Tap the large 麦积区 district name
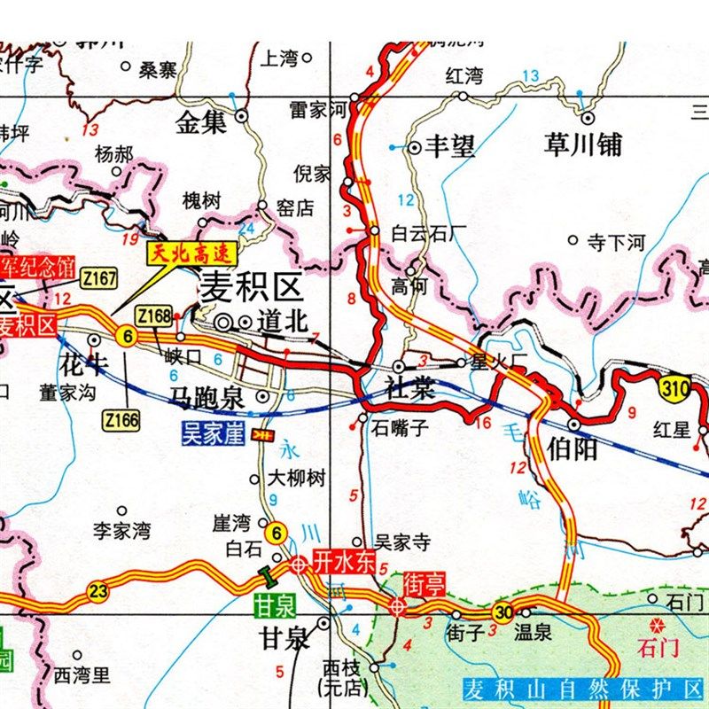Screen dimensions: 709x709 pos(252,287)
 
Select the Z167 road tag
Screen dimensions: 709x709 pos(98,279)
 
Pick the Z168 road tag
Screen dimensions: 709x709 pos(153,315)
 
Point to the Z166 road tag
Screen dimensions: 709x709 pos(121,418)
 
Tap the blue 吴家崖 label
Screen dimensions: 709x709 pos(212,435)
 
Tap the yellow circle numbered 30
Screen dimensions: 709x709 pos(504,612)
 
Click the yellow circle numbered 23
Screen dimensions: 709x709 pos(97,591)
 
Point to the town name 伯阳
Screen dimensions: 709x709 pos(573,448)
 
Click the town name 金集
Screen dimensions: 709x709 pos(202,123)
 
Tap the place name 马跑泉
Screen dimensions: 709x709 pos(207,398)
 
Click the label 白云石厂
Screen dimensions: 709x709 pos(429,234)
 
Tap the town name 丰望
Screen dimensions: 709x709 pos(450,146)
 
